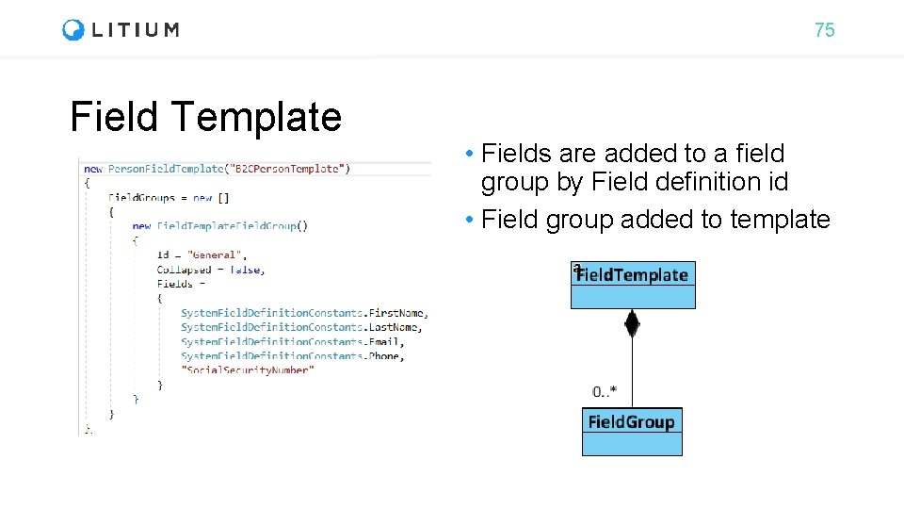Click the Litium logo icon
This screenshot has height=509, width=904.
pyautogui.click(x=73, y=30)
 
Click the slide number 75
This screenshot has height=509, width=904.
pyautogui.click(x=824, y=30)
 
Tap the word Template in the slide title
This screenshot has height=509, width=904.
pyautogui.click(x=256, y=117)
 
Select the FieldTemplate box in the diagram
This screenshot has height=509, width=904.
pyautogui.click(x=633, y=284)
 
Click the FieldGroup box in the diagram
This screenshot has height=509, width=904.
pyautogui.click(x=631, y=431)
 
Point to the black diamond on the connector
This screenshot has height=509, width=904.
pyautogui.click(x=632, y=324)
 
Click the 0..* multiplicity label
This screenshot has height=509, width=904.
pyautogui.click(x=605, y=390)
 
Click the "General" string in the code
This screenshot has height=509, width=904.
pyautogui.click(x=217, y=254)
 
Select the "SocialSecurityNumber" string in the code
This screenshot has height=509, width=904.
pyautogui.click(x=248, y=369)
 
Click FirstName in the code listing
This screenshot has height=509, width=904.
pyautogui.click(x=398, y=312)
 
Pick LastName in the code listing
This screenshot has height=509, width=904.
pyautogui.click(x=395, y=327)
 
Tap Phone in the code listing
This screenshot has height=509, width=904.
pyautogui.click(x=386, y=355)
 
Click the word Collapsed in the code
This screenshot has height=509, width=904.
pyautogui.click(x=184, y=270)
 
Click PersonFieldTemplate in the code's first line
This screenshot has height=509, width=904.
pyautogui.click(x=166, y=169)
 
